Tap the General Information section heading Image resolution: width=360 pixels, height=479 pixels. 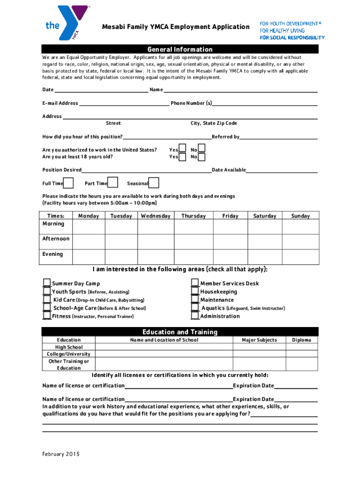tap(180, 49)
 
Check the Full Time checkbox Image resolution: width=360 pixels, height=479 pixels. tap(68, 183)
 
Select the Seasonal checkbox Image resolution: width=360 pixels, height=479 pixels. tap(154, 183)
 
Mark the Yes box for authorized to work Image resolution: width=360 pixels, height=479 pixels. tap(182, 149)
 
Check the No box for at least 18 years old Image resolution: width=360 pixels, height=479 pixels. tap(202, 157)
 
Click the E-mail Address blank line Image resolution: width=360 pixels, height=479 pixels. tap(124, 103)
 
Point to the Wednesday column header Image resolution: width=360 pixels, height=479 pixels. tap(156, 216)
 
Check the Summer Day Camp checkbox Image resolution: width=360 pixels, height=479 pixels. tap(47, 283)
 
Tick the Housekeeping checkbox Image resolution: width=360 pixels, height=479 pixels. tap(195, 291)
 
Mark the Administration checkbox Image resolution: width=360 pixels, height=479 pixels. tap(195, 316)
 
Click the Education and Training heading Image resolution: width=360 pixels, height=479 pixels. tap(180, 332)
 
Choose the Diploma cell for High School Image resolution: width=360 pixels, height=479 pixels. tap(302, 347)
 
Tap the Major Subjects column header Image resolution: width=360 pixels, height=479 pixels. tap(259, 340)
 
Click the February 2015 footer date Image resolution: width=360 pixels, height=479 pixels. tap(61, 454)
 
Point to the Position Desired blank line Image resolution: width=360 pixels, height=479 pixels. tap(146, 170)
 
